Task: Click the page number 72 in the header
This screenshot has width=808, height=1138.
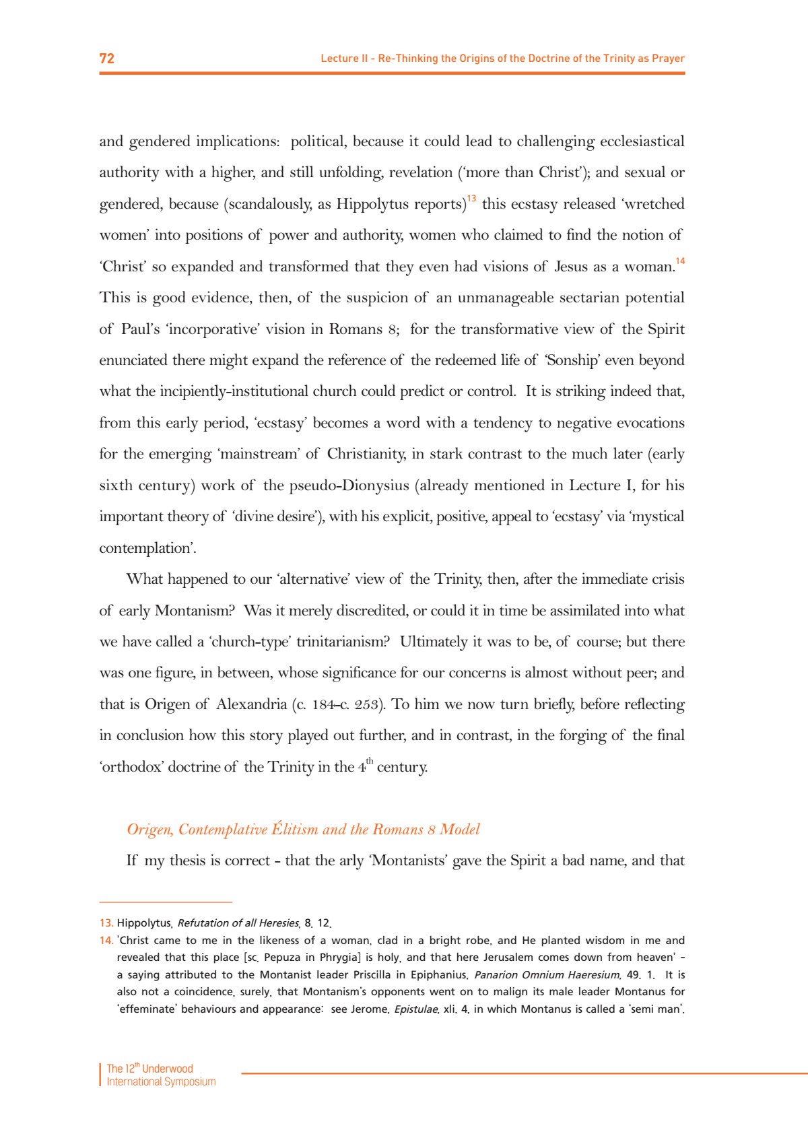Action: click(x=107, y=59)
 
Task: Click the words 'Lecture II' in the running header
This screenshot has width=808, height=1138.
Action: click(x=339, y=59)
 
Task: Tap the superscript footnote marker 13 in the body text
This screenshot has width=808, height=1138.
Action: click(x=471, y=199)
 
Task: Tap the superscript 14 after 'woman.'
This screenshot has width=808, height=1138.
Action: click(x=680, y=261)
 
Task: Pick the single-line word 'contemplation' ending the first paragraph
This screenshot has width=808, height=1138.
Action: click(x=146, y=548)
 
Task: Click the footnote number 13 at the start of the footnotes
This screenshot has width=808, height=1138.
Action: click(x=106, y=923)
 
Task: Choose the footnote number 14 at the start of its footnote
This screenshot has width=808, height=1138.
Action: click(x=106, y=941)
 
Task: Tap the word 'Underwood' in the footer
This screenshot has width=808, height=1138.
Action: click(x=168, y=1069)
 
